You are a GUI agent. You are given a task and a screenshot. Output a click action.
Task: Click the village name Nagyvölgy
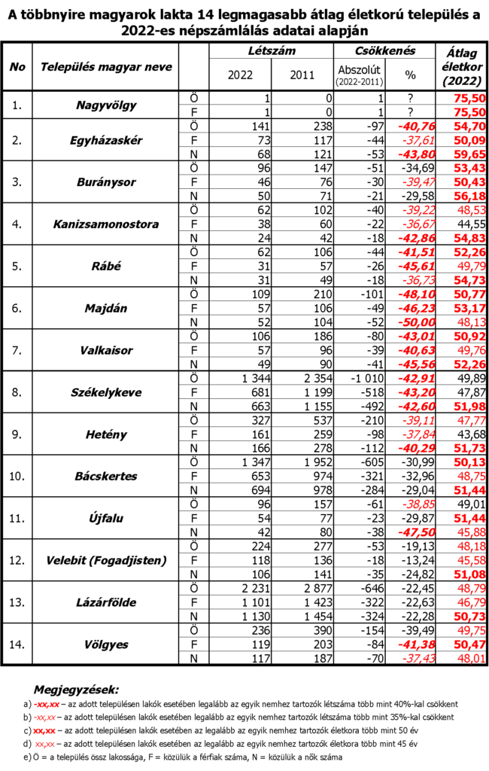click(106, 105)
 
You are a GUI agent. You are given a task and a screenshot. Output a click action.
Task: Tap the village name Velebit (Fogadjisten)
click(106, 560)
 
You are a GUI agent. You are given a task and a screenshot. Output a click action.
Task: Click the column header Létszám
click(270, 50)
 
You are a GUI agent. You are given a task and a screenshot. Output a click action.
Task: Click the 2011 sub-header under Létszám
click(301, 75)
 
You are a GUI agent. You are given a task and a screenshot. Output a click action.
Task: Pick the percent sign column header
click(410, 75)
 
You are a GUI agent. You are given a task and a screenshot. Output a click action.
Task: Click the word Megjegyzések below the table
click(76, 688)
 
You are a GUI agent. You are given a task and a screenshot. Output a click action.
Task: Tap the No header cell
click(17, 66)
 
